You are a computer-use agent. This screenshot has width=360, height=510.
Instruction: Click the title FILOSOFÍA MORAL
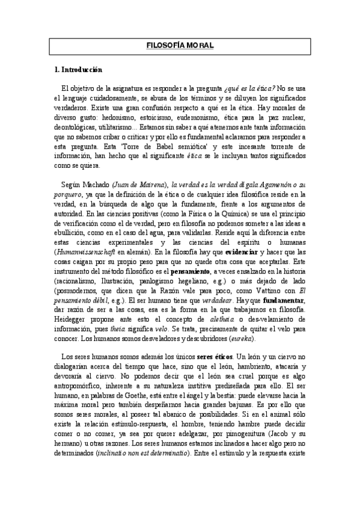point(180,45)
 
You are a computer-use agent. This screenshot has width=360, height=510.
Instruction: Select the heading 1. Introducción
point(78,70)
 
